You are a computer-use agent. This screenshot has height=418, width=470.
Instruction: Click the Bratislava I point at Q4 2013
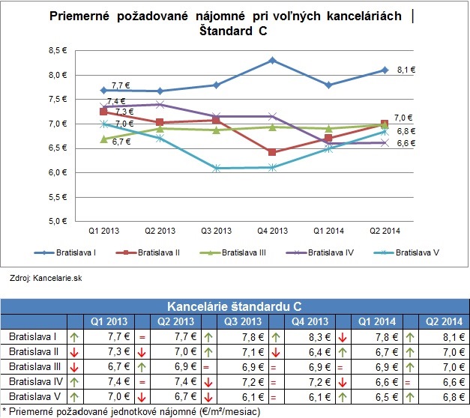(x=272, y=60)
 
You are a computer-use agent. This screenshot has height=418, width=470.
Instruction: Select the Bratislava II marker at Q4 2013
(x=272, y=152)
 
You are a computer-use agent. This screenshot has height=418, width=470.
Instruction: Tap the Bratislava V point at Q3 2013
(x=216, y=168)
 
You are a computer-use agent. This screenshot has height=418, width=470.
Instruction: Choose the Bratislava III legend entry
(x=237, y=252)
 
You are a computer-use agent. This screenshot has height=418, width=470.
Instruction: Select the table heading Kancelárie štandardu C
(x=234, y=306)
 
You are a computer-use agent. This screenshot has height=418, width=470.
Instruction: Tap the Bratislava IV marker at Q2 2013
(x=160, y=105)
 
